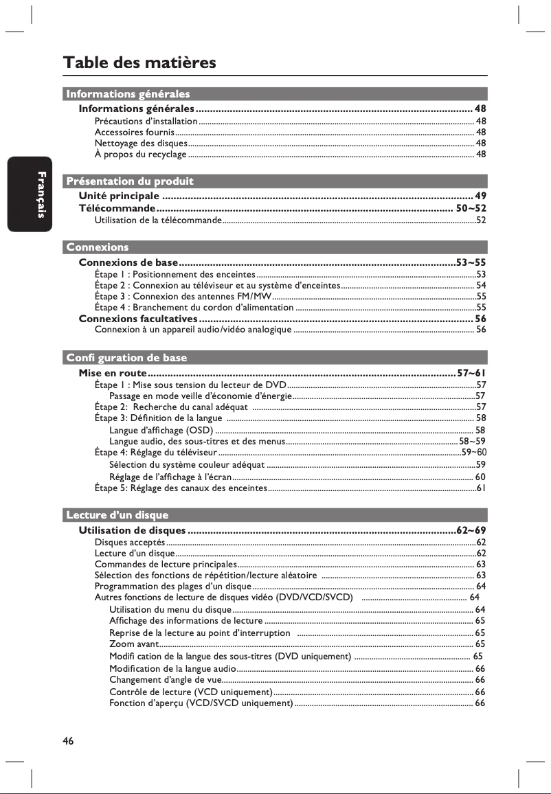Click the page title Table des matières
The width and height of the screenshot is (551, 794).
139,63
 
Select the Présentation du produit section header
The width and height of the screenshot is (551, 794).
129,181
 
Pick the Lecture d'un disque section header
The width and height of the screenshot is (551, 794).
117,514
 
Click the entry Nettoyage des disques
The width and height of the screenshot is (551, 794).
141,143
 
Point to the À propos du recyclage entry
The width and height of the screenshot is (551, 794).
140,155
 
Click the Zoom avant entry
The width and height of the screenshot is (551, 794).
133,644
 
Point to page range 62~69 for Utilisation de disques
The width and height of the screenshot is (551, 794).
471,530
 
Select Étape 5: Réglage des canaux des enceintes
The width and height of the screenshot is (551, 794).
180,488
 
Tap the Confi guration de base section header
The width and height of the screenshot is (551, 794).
126,358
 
